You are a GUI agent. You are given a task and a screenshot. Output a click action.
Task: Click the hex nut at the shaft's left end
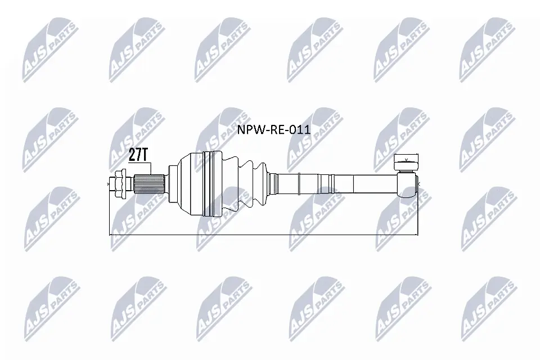click(121, 183)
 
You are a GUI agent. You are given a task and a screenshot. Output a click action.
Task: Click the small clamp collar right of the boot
click(273, 183)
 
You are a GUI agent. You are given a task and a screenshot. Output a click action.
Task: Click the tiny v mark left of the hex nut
click(109, 183)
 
